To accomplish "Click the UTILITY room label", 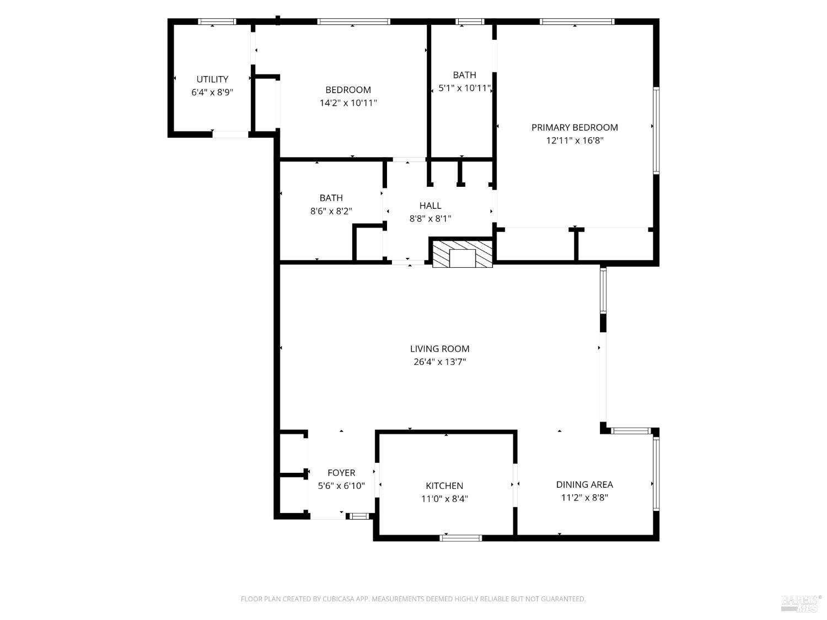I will [212, 79].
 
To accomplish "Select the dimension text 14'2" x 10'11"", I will [348, 103].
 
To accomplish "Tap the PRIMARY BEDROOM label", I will [574, 127].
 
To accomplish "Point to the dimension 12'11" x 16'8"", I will [574, 141].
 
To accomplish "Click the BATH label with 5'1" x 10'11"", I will [464, 75].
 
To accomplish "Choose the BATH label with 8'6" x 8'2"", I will [331, 198].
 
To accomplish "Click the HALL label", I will [430, 206].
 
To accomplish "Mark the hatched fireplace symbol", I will [462, 254].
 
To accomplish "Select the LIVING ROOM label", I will [439, 349].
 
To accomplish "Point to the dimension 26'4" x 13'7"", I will [439, 362].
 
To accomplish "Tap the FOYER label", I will [341, 473].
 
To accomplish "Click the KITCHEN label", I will [444, 486].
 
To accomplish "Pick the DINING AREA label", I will [584, 484].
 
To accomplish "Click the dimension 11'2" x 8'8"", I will [584, 498].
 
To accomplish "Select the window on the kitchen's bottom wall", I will [461, 538].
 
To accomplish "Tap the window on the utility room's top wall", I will [217, 22].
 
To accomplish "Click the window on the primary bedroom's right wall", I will [656, 131].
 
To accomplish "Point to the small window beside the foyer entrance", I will [359, 516].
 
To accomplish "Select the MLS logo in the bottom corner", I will [801, 603].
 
